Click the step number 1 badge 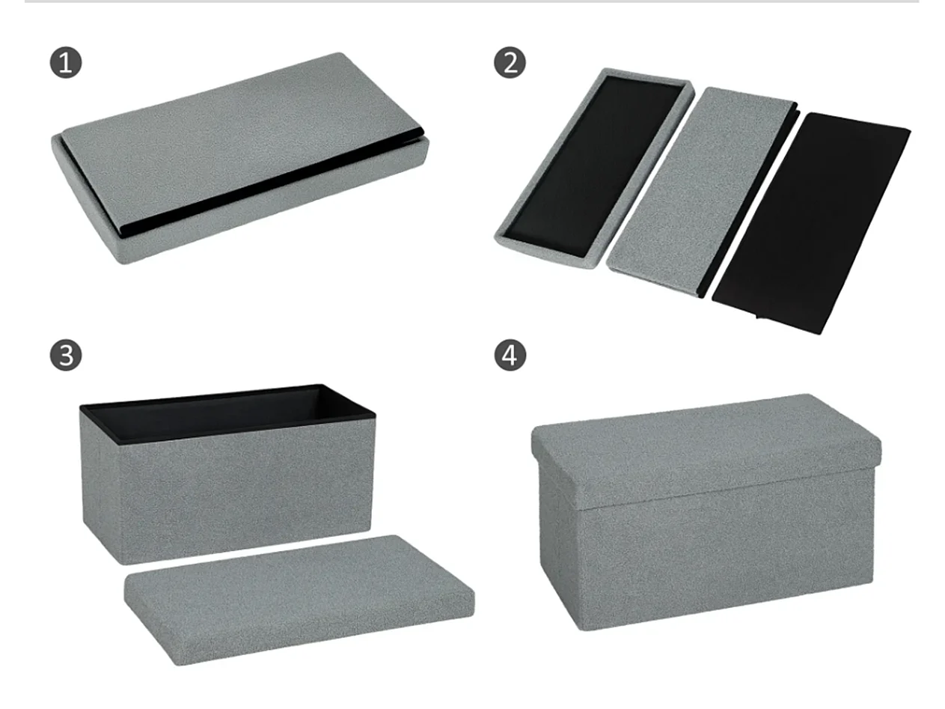point(66,63)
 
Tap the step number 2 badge point(510,63)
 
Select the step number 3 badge point(66,356)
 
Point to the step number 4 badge point(510,356)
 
